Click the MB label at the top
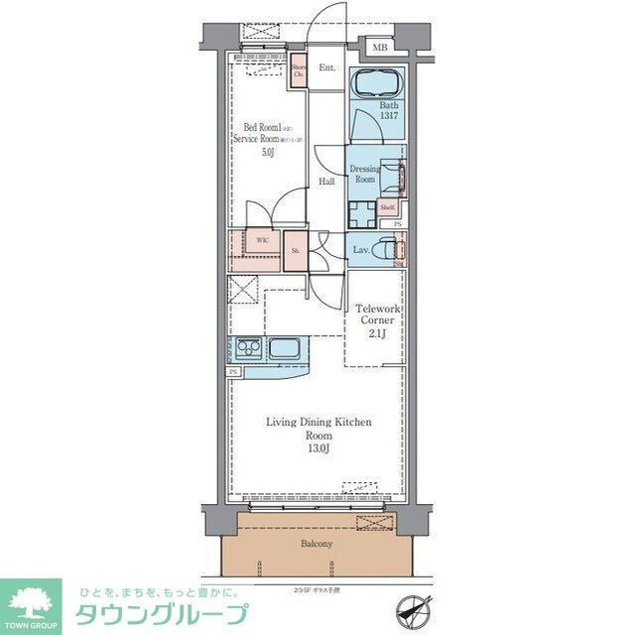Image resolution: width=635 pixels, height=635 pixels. click(x=378, y=47)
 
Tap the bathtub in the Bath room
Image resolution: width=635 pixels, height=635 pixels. click(x=376, y=84)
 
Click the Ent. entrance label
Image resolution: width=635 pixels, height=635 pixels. click(x=326, y=68)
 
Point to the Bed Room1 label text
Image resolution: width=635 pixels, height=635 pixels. click(x=262, y=128)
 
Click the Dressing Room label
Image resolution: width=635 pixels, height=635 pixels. click(x=365, y=174)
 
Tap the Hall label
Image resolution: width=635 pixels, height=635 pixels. click(x=326, y=182)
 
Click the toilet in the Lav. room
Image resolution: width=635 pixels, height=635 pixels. click(x=388, y=248)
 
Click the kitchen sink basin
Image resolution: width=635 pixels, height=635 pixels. click(x=285, y=349)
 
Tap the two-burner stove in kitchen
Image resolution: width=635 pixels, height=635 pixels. click(x=248, y=349)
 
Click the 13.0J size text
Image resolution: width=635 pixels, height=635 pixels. click(x=317, y=449)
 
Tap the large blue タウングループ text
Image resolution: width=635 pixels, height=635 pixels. click(x=161, y=613)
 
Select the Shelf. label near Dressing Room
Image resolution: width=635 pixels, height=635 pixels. click(x=388, y=207)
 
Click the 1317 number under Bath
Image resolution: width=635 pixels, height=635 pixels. click(x=387, y=116)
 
